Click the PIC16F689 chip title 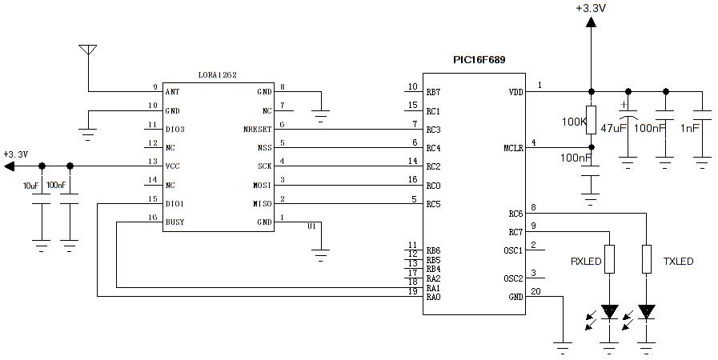pyautogui.click(x=479, y=60)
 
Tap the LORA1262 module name pyautogui.click(x=217, y=74)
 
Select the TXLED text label pyautogui.click(x=678, y=262)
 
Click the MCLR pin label pyautogui.click(x=512, y=148)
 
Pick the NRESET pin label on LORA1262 pyautogui.click(x=257, y=129)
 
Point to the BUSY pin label pyautogui.click(x=174, y=222)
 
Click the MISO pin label pyautogui.click(x=262, y=204)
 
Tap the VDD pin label pyautogui.click(x=515, y=92)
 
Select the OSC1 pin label pyautogui.click(x=512, y=250)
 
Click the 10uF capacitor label pyautogui.click(x=30, y=186)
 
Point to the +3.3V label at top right pyautogui.click(x=590, y=8)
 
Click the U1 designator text pyautogui.click(x=311, y=226)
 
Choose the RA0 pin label pyautogui.click(x=433, y=298)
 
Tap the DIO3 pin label pyautogui.click(x=174, y=129)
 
